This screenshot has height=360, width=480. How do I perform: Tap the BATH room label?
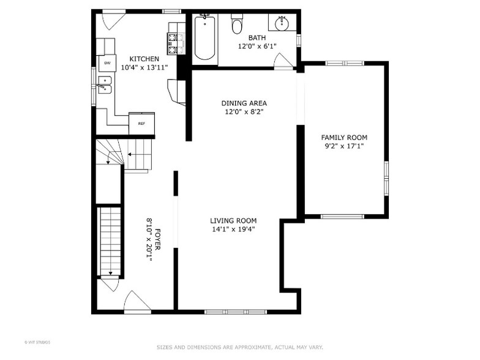pyautogui.click(x=257, y=38)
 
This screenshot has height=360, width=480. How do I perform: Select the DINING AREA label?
pyautogui.click(x=244, y=103)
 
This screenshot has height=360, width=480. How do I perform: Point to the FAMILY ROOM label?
pyautogui.click(x=345, y=138)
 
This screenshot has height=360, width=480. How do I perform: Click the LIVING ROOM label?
pyautogui.click(x=233, y=221)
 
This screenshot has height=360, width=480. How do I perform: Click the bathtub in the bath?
pyautogui.click(x=204, y=38)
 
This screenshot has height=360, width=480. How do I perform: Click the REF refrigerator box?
pyautogui.click(x=141, y=123)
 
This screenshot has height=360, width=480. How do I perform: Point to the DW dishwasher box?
pyautogui.click(x=107, y=63)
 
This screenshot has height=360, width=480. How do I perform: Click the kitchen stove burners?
pyautogui.click(x=172, y=44)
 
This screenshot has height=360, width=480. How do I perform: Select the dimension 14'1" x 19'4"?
pyautogui.click(x=233, y=230)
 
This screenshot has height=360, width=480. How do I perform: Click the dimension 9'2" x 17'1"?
pyautogui.click(x=345, y=146)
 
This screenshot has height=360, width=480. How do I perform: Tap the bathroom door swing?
pyautogui.click(x=283, y=61)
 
